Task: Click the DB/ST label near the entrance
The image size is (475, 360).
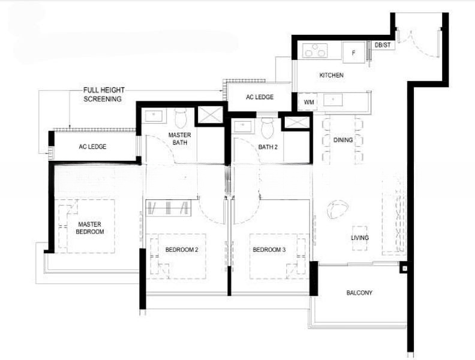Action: pos(383,45)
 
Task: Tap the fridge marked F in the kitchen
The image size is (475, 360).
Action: pos(353,52)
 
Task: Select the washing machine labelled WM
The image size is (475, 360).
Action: pos(308,102)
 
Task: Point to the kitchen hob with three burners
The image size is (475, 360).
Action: pos(315,50)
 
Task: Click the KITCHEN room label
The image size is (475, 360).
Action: pos(332,75)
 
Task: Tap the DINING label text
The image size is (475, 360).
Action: pos(343,140)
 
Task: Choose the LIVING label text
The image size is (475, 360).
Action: pos(360,238)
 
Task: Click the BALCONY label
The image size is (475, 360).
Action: pos(359,293)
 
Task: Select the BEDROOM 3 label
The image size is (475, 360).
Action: pos(269,250)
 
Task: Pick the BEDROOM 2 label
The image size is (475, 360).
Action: pos(182,250)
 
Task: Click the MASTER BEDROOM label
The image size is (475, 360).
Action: pos(90,228)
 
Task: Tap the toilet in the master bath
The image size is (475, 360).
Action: pos(181,118)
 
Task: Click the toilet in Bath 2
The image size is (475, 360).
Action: pos(267,127)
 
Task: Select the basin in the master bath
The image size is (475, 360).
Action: pos(154,116)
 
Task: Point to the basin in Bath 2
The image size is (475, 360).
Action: pos(243,126)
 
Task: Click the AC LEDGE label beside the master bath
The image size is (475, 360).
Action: pos(92,146)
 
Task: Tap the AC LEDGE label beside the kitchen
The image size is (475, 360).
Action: pos(260,97)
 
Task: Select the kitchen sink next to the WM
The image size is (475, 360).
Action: pos(333,99)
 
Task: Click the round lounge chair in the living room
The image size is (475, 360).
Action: pos(337,209)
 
